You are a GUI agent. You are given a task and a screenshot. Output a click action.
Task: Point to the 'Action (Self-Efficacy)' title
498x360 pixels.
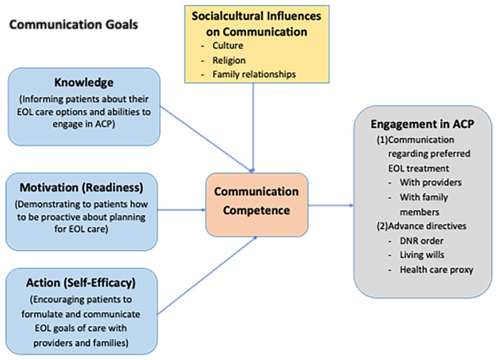tap(83, 279)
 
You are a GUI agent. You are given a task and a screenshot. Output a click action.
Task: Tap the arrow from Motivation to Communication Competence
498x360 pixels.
tap(182, 208)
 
